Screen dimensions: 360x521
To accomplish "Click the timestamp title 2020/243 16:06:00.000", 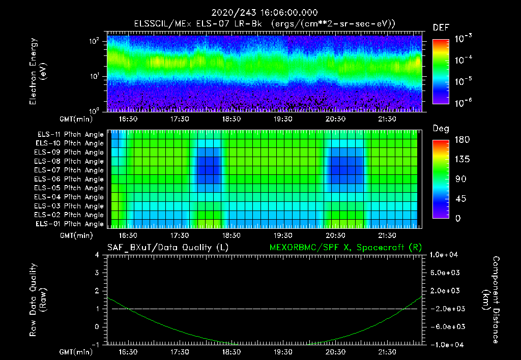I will (x=260, y=13).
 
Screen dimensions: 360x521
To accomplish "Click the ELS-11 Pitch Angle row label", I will (x=70, y=135).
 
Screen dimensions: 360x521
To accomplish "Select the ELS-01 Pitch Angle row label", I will (x=70, y=224).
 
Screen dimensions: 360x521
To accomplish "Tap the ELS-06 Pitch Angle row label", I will (x=70, y=179).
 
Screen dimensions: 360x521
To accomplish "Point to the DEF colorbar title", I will (x=441, y=27).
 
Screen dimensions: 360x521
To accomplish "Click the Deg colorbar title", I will (x=441, y=129).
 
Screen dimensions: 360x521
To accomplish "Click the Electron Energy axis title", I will (x=38, y=71).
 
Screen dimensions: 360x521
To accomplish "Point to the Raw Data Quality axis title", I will (x=38, y=300).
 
